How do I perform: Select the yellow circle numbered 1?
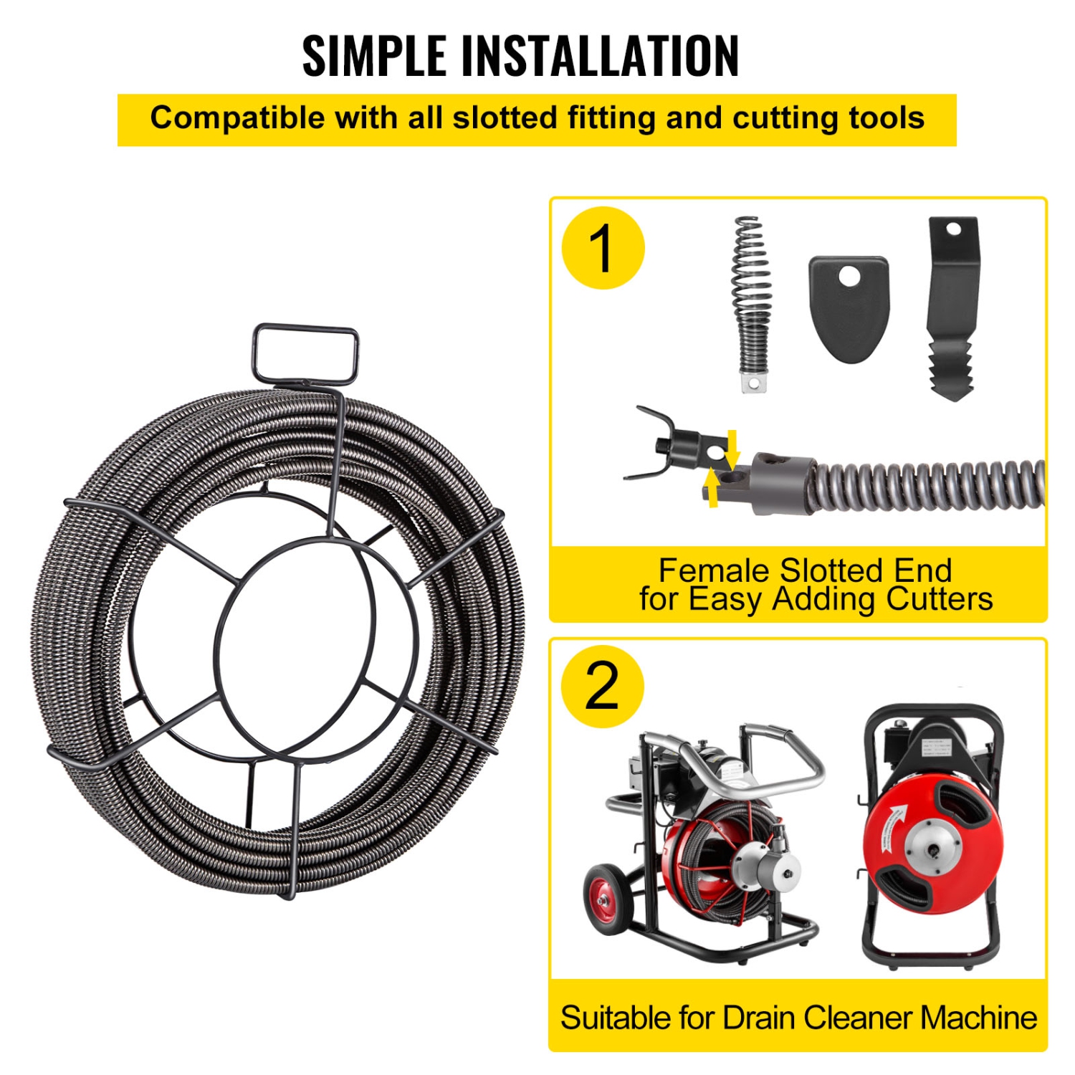603,248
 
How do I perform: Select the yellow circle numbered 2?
602,686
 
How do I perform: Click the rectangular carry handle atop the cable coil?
305,354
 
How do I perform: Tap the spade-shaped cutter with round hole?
849,307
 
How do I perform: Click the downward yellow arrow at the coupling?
732,447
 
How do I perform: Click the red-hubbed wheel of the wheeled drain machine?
608,900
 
